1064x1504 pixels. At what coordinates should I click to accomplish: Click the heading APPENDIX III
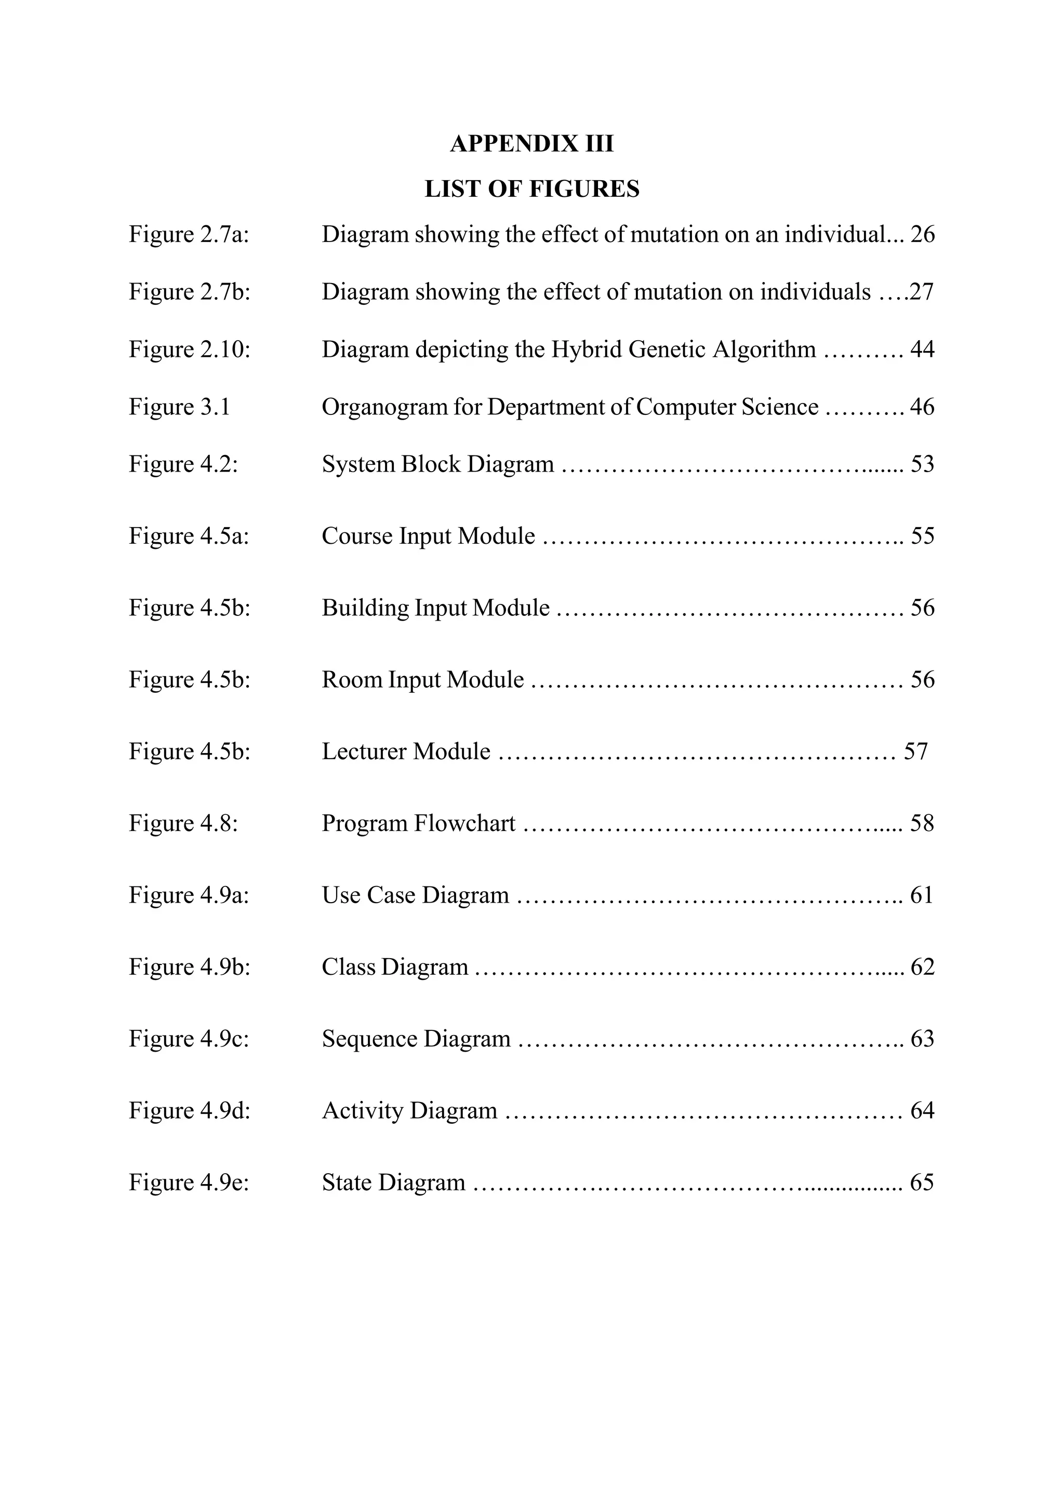click(x=531, y=143)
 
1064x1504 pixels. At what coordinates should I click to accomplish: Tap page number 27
click(x=921, y=291)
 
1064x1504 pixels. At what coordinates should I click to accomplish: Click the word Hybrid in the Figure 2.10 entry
click(x=587, y=349)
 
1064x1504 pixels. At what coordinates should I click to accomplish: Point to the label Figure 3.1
click(x=179, y=407)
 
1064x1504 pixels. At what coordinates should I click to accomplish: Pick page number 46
click(x=922, y=407)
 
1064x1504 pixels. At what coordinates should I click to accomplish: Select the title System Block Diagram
click(x=437, y=464)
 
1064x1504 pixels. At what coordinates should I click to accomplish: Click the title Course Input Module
click(x=428, y=536)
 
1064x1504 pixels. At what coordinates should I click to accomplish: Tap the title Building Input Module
click(x=435, y=608)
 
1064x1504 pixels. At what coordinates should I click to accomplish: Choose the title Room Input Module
click(x=422, y=679)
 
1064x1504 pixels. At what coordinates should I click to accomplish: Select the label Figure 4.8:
click(x=183, y=823)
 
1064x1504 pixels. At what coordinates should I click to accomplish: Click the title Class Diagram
click(x=394, y=967)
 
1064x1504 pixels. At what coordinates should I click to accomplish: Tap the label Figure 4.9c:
click(x=189, y=1039)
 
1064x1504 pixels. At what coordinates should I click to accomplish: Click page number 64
click(x=922, y=1110)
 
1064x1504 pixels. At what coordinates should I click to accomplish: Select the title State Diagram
click(x=393, y=1183)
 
